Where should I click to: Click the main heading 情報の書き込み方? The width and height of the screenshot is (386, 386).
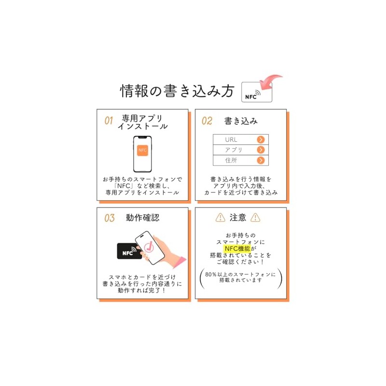177,91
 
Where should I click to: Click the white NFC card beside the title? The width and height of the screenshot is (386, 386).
256,92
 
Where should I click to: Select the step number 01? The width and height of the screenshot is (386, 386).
109,121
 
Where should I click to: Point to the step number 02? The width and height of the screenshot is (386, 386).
207,121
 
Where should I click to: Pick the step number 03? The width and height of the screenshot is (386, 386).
110,218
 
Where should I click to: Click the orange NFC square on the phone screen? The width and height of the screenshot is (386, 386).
142,150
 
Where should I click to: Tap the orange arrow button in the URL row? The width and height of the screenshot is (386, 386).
261,139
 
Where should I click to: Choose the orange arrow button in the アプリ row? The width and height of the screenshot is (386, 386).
261,150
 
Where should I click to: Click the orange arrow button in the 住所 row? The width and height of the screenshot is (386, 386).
261,161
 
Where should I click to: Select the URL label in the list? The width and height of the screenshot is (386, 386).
231,139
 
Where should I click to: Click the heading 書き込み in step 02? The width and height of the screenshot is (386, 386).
241,121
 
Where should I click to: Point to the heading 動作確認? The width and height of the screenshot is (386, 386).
142,218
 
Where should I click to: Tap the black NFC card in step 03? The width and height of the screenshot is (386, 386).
129,252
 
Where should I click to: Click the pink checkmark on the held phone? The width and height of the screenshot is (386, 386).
147,246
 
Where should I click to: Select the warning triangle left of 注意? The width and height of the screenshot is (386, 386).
220,218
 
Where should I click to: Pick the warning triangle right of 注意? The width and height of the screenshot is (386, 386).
256,218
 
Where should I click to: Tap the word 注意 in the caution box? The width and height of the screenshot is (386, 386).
238,218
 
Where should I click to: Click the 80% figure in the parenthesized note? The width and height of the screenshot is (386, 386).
211,274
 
